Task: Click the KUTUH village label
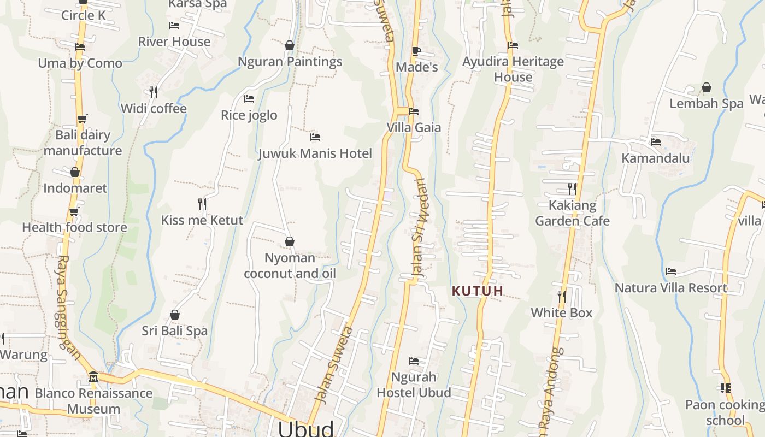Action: pyautogui.click(x=477, y=291)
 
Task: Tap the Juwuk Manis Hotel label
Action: pyautogui.click(x=315, y=153)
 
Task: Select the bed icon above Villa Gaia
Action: pyautogui.click(x=414, y=111)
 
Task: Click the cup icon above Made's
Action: pyautogui.click(x=416, y=51)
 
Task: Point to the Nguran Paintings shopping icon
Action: pyautogui.click(x=290, y=45)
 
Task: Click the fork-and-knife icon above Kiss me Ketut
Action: pyautogui.click(x=202, y=204)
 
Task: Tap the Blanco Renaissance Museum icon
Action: pyautogui.click(x=93, y=377)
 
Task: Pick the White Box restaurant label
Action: pyautogui.click(x=562, y=313)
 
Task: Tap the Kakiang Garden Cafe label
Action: pyautogui.click(x=572, y=213)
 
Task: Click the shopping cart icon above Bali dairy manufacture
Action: pyautogui.click(x=82, y=119)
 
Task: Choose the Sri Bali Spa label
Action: pyautogui.click(x=175, y=331)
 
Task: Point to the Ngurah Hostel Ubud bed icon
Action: pyautogui.click(x=414, y=361)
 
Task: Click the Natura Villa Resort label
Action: pyautogui.click(x=671, y=288)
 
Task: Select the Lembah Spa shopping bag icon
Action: pyautogui.click(x=707, y=87)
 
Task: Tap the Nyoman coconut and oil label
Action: pyautogui.click(x=290, y=265)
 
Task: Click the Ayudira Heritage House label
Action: pyautogui.click(x=513, y=69)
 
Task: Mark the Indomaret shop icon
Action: pyautogui.click(x=75, y=172)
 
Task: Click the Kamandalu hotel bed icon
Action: pyautogui.click(x=656, y=142)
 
